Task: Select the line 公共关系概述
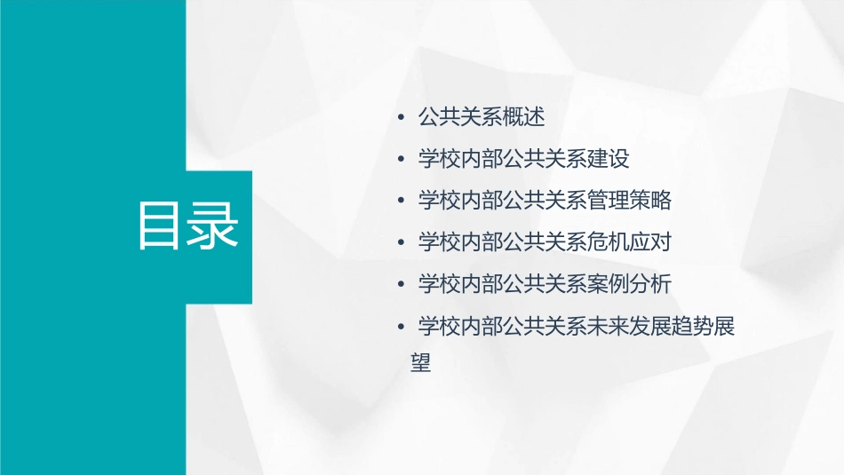(481, 116)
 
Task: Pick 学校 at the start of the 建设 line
(439, 159)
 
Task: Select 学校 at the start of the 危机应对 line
(439, 242)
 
